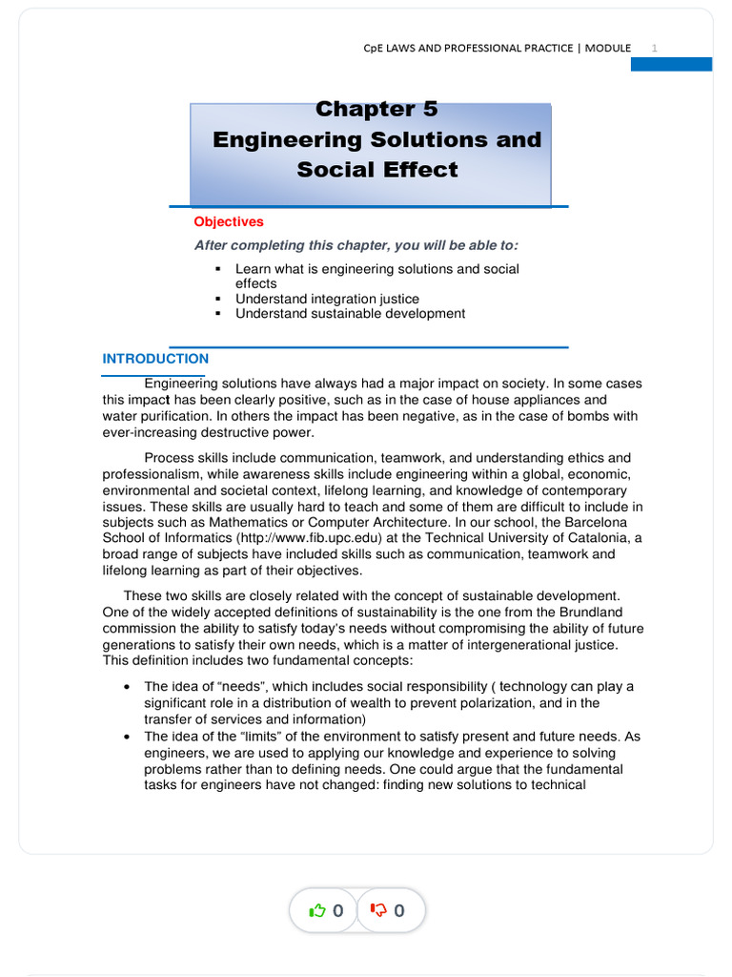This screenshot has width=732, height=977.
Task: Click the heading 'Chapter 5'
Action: (376, 110)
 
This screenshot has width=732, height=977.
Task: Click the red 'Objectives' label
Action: (229, 221)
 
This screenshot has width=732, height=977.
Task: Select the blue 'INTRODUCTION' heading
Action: (155, 359)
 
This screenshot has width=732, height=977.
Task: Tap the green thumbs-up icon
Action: (317, 911)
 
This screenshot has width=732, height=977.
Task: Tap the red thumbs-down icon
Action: (378, 911)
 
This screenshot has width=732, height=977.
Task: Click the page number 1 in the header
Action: (655, 48)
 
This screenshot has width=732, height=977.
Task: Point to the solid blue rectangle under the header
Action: (672, 64)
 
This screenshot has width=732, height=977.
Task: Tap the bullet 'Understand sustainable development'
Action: (350, 313)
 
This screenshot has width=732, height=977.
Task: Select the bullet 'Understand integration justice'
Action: (327, 299)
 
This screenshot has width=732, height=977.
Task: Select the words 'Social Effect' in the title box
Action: (376, 170)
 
